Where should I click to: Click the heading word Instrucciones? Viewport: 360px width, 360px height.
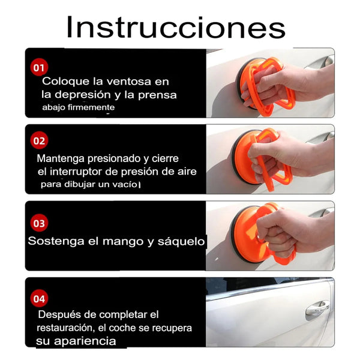pos(175,28)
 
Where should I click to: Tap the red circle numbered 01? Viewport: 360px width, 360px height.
pos(39,67)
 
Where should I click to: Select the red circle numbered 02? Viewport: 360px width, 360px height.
pos(39,141)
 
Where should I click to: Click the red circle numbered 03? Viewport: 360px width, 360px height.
pos(39,223)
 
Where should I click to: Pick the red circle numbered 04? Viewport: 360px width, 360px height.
pos(39,298)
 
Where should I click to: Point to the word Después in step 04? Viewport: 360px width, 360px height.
pos(61,314)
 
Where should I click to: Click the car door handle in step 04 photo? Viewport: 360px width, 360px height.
pos(316,308)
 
